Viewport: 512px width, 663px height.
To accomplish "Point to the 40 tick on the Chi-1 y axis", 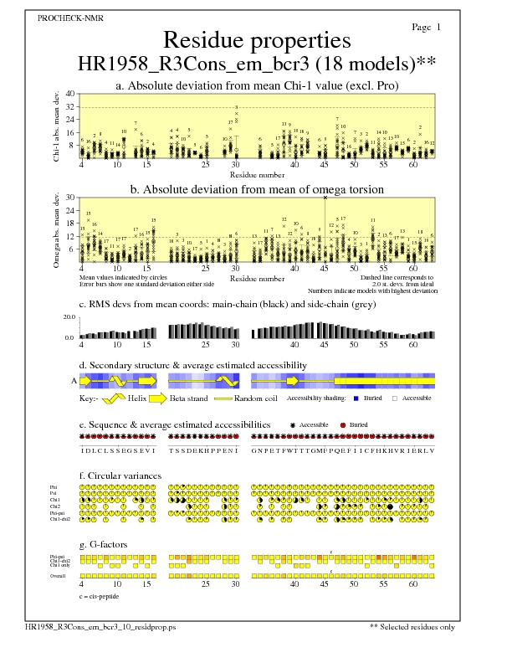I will tap(70, 94).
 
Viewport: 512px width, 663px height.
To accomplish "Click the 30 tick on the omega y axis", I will tap(70, 198).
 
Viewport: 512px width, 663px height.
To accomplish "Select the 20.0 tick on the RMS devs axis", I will tap(69, 318).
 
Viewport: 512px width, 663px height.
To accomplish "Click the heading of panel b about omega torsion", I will tap(256, 190).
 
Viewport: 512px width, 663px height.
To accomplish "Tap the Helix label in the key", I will tap(137, 398).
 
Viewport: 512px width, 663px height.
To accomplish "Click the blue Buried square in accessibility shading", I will tap(356, 398).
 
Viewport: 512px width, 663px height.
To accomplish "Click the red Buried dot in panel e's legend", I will tap(344, 425).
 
